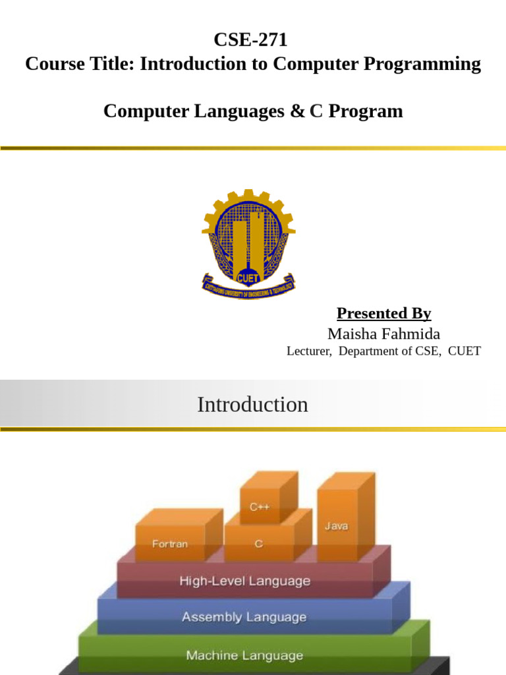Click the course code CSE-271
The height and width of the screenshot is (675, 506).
click(250, 40)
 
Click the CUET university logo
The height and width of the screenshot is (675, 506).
click(248, 244)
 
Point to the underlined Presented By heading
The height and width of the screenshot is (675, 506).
click(384, 313)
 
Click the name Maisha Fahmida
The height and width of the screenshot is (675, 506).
click(384, 334)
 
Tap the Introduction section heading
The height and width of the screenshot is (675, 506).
click(252, 405)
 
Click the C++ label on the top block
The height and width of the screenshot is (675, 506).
click(260, 507)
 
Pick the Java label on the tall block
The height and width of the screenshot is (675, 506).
click(337, 525)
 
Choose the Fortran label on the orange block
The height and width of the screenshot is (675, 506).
click(170, 544)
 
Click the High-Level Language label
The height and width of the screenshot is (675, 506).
click(245, 581)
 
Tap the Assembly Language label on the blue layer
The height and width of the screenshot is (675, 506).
click(244, 617)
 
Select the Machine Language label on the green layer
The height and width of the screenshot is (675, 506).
click(244, 655)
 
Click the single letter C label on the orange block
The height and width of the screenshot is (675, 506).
click(258, 544)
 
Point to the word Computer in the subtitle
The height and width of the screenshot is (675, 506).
click(146, 111)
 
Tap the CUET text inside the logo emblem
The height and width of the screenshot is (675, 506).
click(248, 279)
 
